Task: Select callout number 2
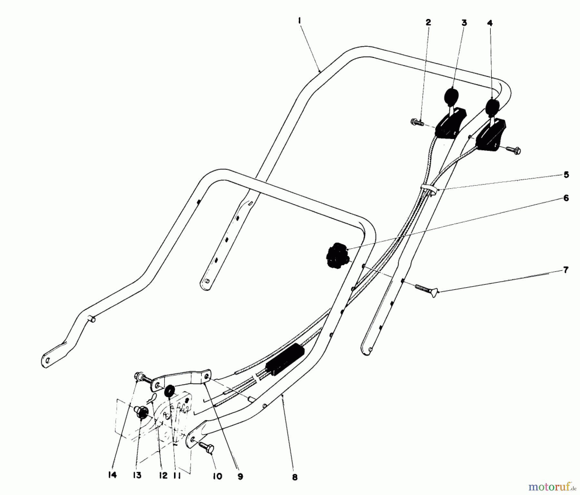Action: [428, 22]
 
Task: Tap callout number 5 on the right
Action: [566, 175]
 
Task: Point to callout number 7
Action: [566, 269]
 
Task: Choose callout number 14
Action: [112, 475]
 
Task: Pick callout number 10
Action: [217, 476]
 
